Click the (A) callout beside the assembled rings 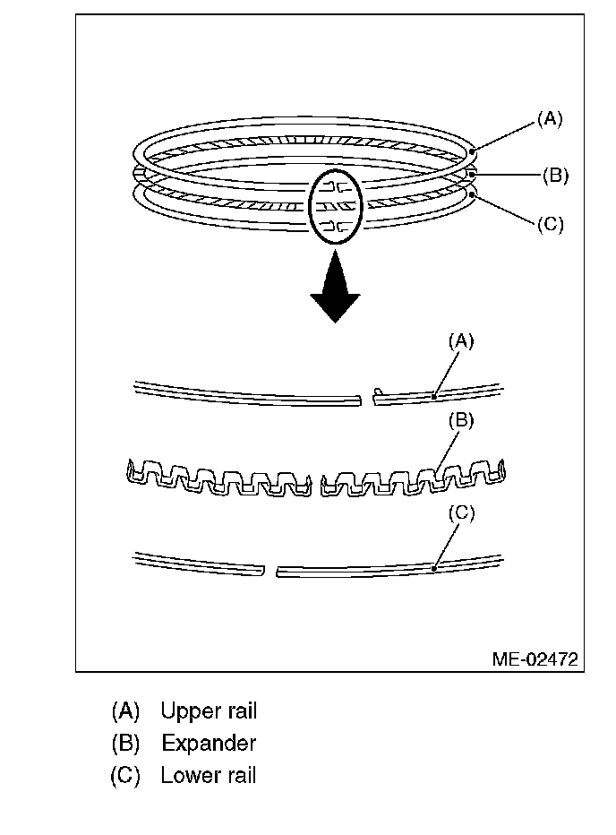point(550,118)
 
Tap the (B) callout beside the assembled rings point(555,175)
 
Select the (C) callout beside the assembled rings point(550,224)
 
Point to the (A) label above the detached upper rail point(461,340)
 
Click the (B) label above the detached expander point(461,419)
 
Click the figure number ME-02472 point(535,659)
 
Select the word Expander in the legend point(209,744)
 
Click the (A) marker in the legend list point(126,711)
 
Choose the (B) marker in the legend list point(126,744)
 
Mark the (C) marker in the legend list point(126,776)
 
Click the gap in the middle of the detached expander point(315,480)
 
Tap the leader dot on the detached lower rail point(433,567)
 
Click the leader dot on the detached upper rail point(433,394)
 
